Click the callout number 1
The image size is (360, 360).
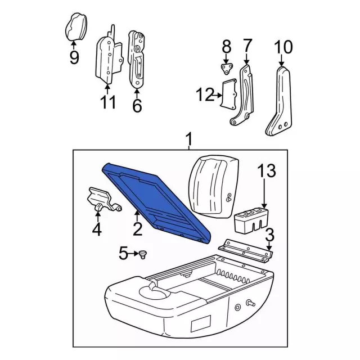click(x=189, y=138)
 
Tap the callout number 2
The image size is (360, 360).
click(x=136, y=228)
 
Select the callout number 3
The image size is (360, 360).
click(x=270, y=234)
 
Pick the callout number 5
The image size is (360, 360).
click(x=123, y=254)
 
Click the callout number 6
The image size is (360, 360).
click(x=137, y=105)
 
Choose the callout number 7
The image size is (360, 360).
click(x=247, y=45)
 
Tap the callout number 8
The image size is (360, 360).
click(x=226, y=45)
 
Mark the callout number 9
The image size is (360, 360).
click(x=74, y=57)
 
